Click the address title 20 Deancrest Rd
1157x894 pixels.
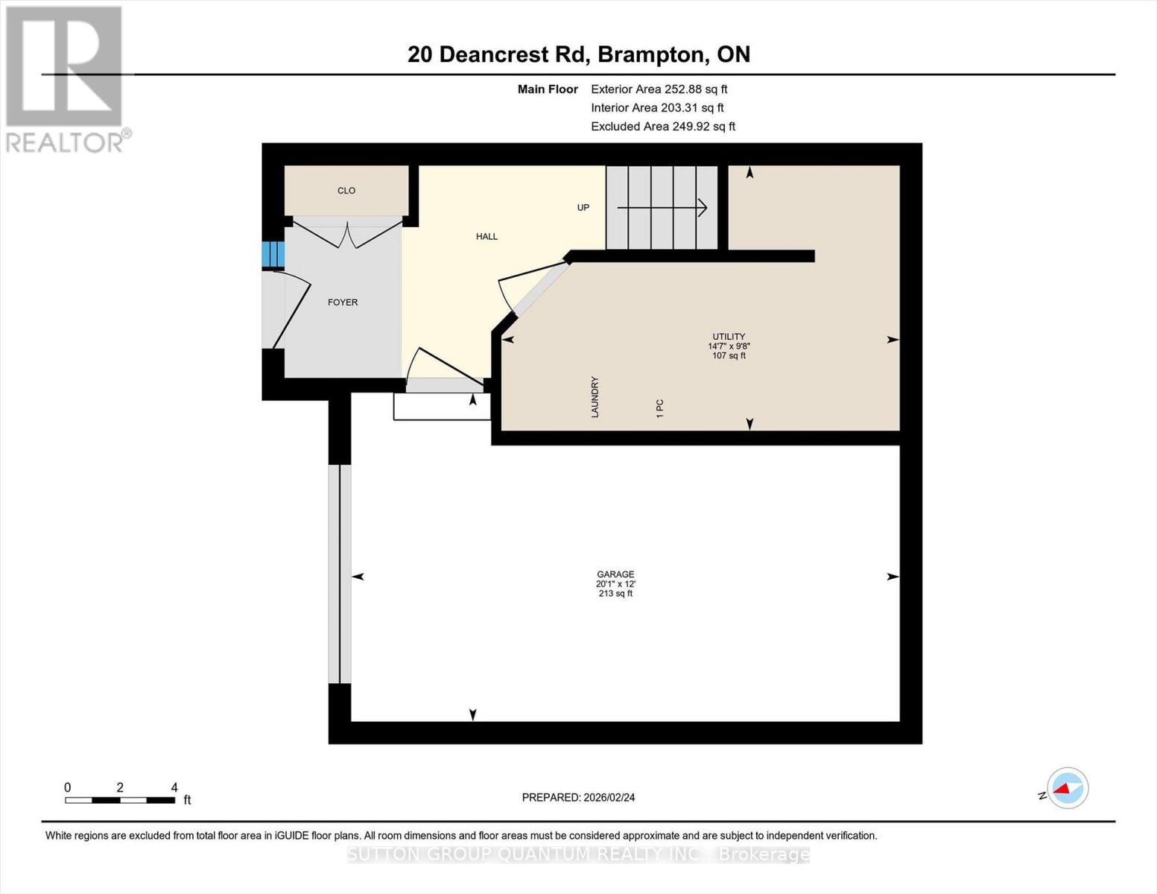tap(579, 54)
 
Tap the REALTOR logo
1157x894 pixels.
tap(66, 79)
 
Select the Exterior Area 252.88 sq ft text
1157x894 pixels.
tap(659, 89)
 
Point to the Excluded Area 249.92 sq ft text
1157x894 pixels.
tap(663, 127)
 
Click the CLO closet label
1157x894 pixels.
tap(346, 191)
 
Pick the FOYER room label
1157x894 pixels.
tap(343, 302)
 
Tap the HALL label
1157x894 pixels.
tap(486, 237)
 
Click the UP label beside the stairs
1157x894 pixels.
tap(583, 208)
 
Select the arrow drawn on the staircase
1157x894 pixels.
tap(662, 208)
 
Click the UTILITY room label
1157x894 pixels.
tap(729, 337)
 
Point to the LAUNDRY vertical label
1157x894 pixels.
tap(595, 397)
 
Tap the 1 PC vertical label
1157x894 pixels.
tap(660, 408)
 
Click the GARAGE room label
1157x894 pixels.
tap(615, 574)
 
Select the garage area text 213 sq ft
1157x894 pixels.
tap(615, 594)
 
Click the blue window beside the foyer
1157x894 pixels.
tap(273, 255)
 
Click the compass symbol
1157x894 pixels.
tap(1067, 788)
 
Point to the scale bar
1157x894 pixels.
tap(120, 800)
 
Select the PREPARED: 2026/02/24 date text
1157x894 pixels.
tap(578, 798)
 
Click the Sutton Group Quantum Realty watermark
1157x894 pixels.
tap(578, 855)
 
